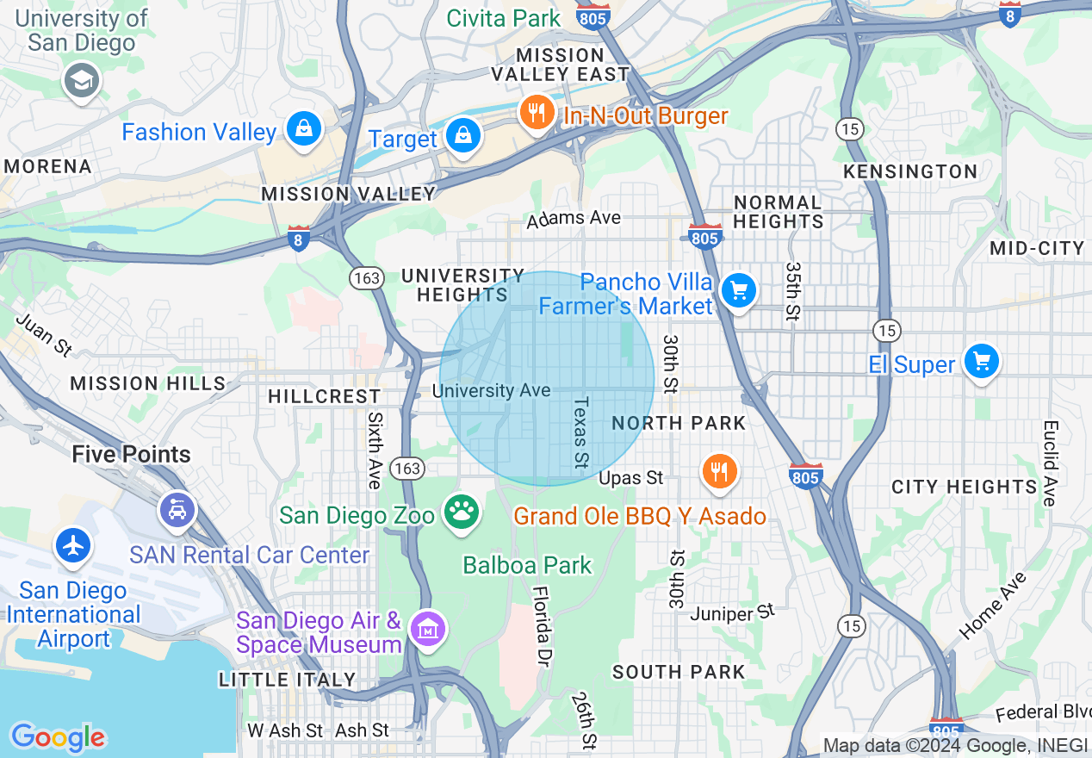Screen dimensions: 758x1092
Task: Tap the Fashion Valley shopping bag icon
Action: (x=303, y=130)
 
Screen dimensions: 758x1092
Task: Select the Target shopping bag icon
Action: (x=463, y=136)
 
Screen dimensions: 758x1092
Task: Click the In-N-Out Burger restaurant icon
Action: (x=537, y=114)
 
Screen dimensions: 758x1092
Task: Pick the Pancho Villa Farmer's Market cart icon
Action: (x=738, y=291)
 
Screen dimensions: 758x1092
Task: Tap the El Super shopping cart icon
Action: (x=981, y=361)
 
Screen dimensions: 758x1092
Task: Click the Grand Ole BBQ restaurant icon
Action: (x=719, y=472)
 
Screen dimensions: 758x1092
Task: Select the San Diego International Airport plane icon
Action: (x=74, y=546)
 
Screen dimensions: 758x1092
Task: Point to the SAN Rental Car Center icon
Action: (x=177, y=511)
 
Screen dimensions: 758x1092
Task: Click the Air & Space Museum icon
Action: (x=428, y=630)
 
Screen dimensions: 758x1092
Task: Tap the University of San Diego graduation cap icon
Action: (x=83, y=82)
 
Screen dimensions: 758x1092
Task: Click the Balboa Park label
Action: (x=527, y=566)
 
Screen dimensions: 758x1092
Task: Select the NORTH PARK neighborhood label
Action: (x=679, y=423)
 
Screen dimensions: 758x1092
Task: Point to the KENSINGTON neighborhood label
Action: (x=910, y=171)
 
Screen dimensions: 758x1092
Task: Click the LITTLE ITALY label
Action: (x=287, y=680)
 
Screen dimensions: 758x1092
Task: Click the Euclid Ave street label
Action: (x=1049, y=463)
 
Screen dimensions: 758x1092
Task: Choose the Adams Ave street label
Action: (x=574, y=219)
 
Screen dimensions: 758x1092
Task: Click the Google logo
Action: (x=58, y=737)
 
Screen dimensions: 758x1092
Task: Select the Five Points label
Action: (x=131, y=454)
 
